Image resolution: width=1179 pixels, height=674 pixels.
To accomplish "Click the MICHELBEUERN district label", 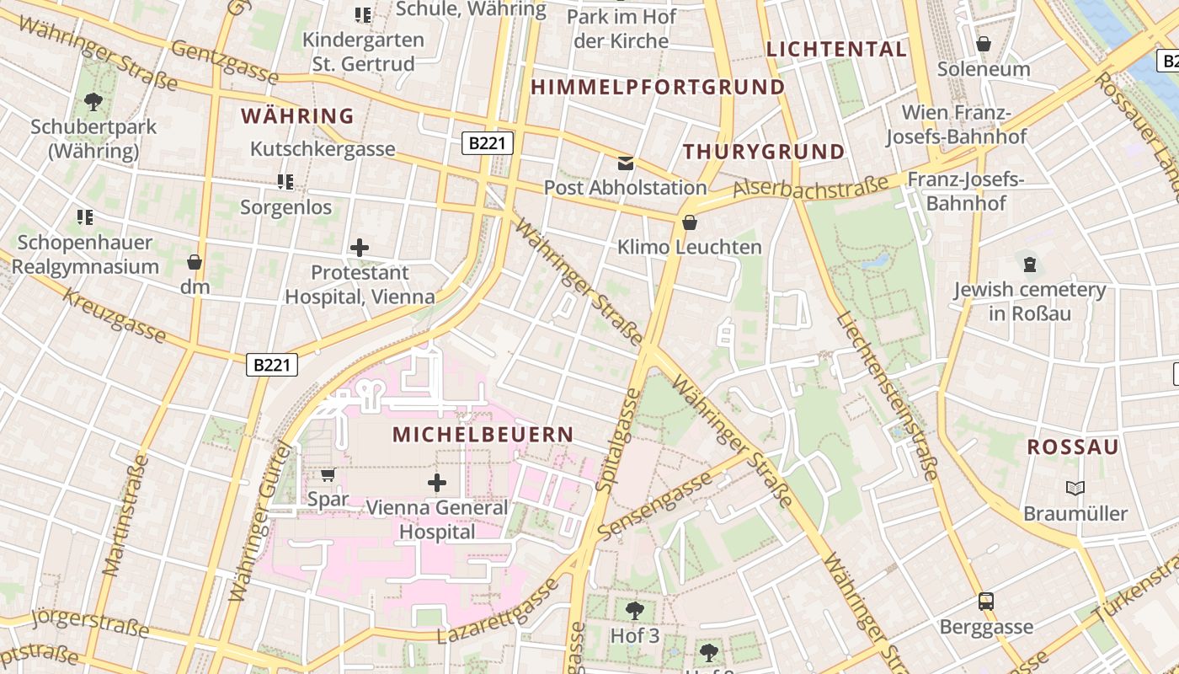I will (483, 435).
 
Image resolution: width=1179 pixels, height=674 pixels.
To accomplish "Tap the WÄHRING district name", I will (297, 116).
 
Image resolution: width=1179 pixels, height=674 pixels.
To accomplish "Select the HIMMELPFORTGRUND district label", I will (658, 87).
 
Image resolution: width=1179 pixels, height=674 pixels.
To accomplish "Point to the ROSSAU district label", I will (1073, 447).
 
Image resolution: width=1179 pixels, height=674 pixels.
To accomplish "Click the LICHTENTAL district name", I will (836, 49).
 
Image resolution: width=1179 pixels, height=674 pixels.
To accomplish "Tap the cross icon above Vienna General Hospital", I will (437, 483).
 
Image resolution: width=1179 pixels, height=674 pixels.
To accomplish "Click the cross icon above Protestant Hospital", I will (360, 248).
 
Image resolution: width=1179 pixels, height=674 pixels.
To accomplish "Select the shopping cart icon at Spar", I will (328, 475).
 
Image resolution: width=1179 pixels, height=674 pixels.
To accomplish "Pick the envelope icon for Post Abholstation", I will (626, 163).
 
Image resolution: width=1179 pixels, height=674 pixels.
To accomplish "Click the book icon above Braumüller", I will (1075, 488).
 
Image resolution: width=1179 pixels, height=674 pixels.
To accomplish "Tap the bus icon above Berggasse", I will (986, 602).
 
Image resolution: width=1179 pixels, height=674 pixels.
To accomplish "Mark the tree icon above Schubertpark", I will (93, 102).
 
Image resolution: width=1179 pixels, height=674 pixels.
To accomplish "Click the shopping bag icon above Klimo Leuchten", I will (690, 222).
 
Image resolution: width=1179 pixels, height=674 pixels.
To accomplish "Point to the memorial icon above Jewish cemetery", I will (1029, 265).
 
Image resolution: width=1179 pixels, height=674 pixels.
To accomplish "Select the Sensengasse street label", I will (654, 506).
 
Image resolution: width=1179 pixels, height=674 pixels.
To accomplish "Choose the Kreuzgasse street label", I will (115, 317).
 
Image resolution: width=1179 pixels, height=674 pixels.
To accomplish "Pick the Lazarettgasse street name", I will (498, 612).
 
